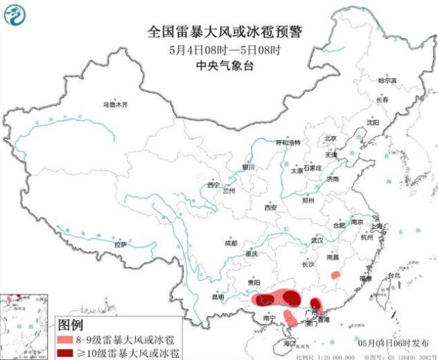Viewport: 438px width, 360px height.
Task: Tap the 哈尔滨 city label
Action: (x=387, y=80)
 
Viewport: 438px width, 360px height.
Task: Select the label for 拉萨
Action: (x=121, y=244)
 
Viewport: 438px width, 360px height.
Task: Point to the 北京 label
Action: (x=331, y=137)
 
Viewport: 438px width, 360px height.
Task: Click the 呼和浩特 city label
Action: (x=289, y=143)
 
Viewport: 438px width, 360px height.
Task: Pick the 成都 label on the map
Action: (x=231, y=243)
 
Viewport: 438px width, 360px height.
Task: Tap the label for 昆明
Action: (x=218, y=297)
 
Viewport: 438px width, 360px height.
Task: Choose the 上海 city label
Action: (x=377, y=226)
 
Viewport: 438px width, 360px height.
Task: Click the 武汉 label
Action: (x=317, y=239)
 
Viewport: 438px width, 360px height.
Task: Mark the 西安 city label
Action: (x=270, y=207)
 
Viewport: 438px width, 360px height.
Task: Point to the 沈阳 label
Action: (x=374, y=122)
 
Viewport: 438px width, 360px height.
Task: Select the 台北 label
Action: (x=394, y=275)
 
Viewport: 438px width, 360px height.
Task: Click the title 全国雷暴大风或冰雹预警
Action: (x=218, y=31)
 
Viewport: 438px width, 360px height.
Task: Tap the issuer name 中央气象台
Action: (x=218, y=66)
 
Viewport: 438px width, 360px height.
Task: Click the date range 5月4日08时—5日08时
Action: (x=218, y=49)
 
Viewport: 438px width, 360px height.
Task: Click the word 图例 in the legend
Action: (x=71, y=324)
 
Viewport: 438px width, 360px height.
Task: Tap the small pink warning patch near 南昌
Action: (x=335, y=274)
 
